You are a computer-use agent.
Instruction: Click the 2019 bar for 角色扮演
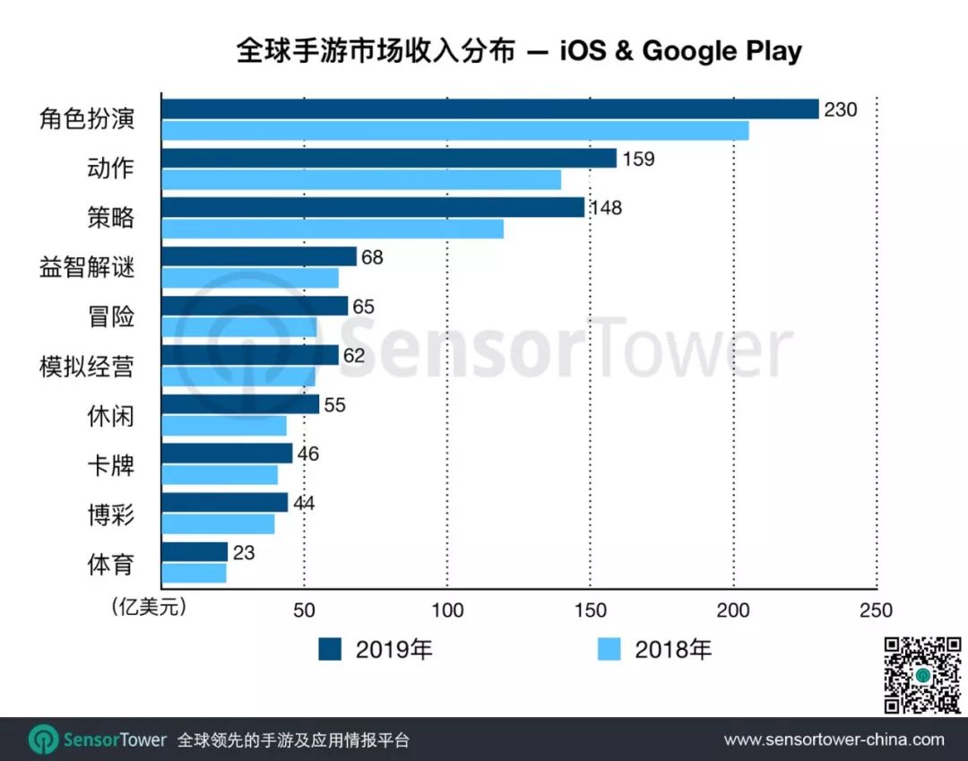[x=489, y=109]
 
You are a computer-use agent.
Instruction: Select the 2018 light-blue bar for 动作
[x=361, y=179]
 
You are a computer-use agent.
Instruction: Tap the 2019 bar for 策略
[x=373, y=208]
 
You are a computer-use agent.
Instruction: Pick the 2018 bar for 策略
[x=333, y=229]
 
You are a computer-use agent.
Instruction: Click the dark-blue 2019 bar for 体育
[x=194, y=552]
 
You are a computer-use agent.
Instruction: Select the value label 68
[x=371, y=257]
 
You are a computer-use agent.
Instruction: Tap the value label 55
[x=334, y=405]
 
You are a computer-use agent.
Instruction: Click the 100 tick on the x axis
[x=447, y=610]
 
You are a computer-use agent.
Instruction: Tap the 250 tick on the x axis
[x=876, y=610]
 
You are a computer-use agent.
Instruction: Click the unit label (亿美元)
[x=149, y=608]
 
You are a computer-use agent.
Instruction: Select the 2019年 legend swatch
[x=331, y=649]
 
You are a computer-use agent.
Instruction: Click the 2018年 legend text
[x=672, y=649]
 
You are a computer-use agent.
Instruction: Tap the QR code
[x=923, y=675]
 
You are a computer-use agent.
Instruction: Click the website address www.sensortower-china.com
[x=834, y=739]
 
